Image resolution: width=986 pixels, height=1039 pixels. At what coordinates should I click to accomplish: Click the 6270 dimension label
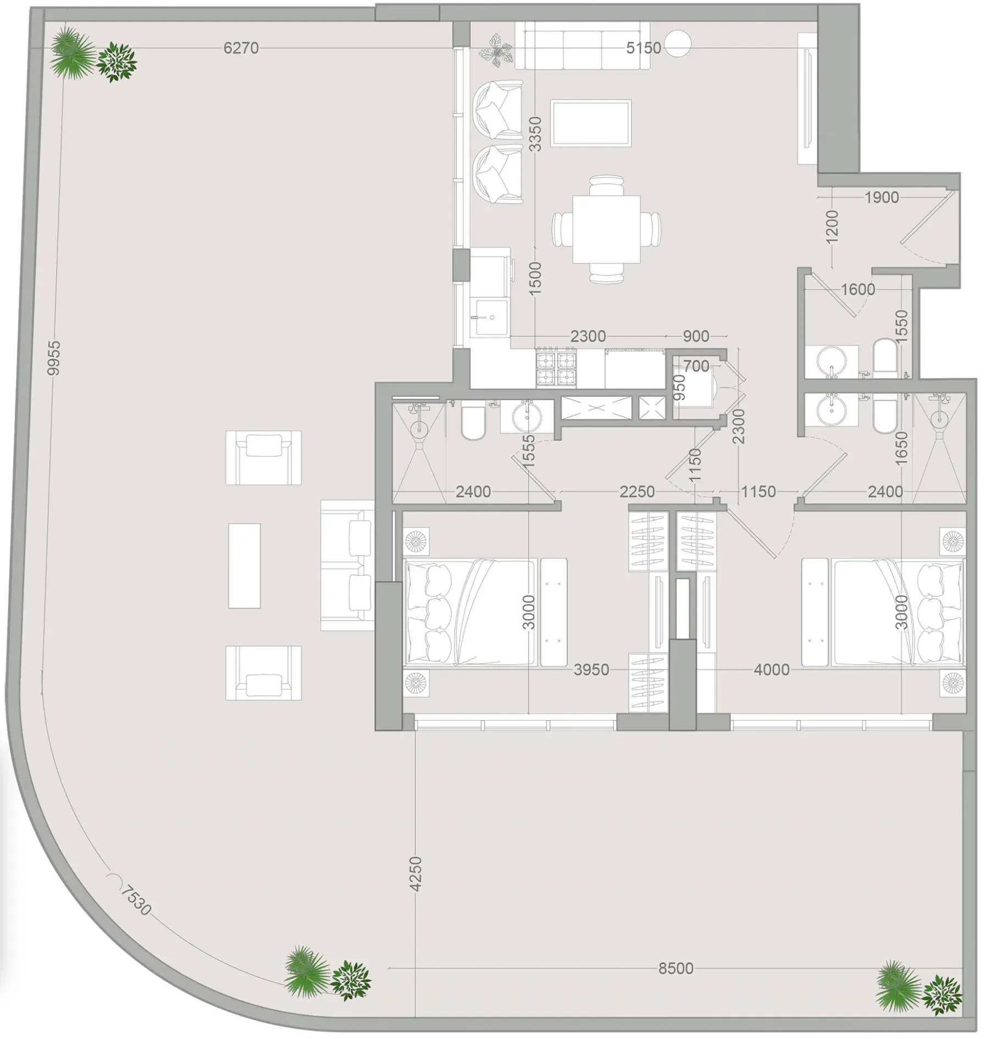pos(241,48)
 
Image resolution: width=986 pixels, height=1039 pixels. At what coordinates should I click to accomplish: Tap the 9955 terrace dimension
pos(53,358)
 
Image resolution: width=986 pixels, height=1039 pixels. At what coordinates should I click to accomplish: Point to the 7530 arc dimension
pos(135,900)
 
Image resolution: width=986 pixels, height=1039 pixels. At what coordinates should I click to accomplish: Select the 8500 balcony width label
pos(675,969)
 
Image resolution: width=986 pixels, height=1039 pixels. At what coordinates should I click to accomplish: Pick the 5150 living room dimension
pos(644,48)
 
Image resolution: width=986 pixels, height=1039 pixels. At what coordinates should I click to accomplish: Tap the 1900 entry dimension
pos(882,197)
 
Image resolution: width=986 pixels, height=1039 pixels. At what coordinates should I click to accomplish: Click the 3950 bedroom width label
pos(591,670)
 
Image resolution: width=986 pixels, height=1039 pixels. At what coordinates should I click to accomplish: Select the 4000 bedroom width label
pos(772,670)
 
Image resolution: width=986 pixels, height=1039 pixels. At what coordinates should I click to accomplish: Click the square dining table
pos(606,230)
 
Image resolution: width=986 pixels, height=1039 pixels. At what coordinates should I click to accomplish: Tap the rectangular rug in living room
pos(591,123)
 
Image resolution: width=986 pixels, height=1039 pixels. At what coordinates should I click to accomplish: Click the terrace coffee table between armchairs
pos(244,566)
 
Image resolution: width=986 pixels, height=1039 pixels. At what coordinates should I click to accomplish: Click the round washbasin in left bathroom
pos(527,418)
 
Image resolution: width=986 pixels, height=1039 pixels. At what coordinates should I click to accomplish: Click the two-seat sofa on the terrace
pos(347,566)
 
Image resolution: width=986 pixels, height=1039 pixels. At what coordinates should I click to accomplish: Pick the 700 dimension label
pos(696,366)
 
